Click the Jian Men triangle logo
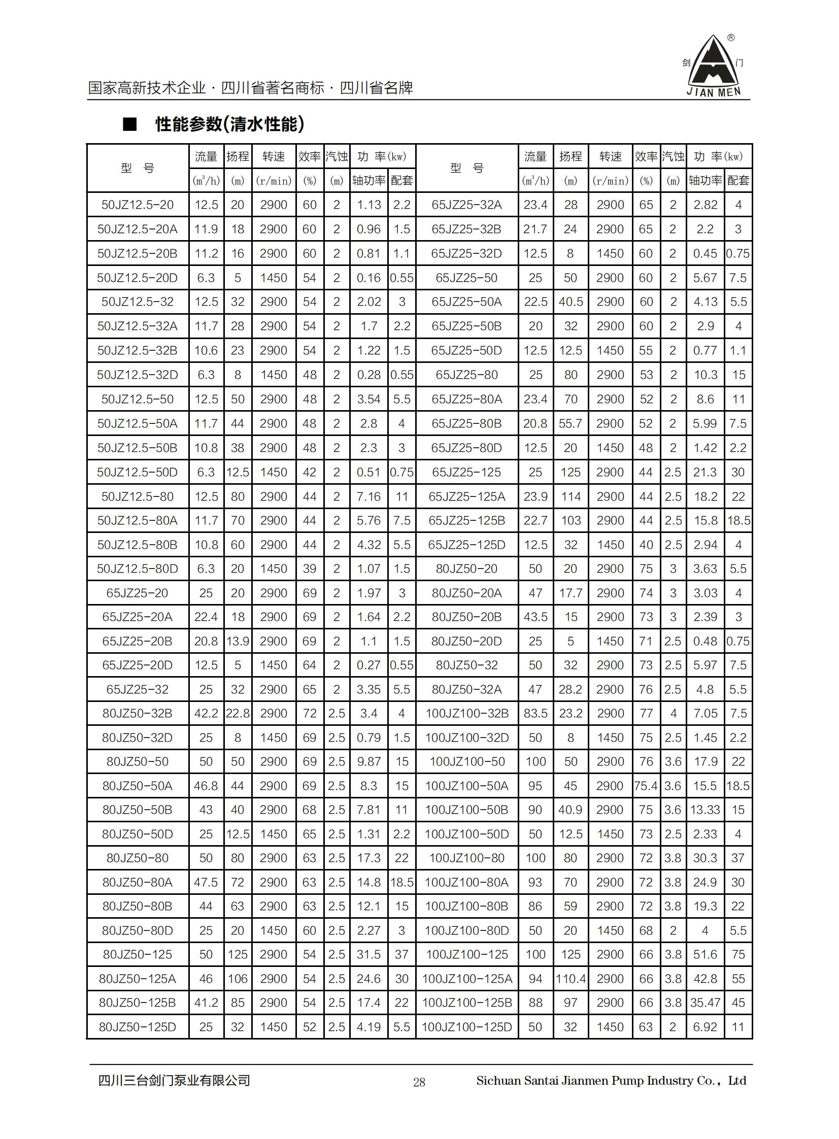point(714,66)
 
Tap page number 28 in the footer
point(419,1082)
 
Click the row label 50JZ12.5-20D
point(137,278)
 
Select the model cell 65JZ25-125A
point(467,496)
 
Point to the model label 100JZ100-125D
point(467,1027)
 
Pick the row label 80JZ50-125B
point(137,1002)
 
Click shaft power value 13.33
point(705,810)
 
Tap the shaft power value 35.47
point(705,1002)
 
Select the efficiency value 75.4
point(646,786)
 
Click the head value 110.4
point(570,979)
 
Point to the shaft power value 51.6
point(705,954)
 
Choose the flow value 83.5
point(535,714)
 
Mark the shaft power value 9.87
point(368,761)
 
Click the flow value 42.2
point(206,714)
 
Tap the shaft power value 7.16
point(368,496)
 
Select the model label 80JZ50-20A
point(467,593)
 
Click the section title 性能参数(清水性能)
point(229,124)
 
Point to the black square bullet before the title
point(130,124)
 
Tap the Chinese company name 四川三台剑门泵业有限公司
point(174,1081)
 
